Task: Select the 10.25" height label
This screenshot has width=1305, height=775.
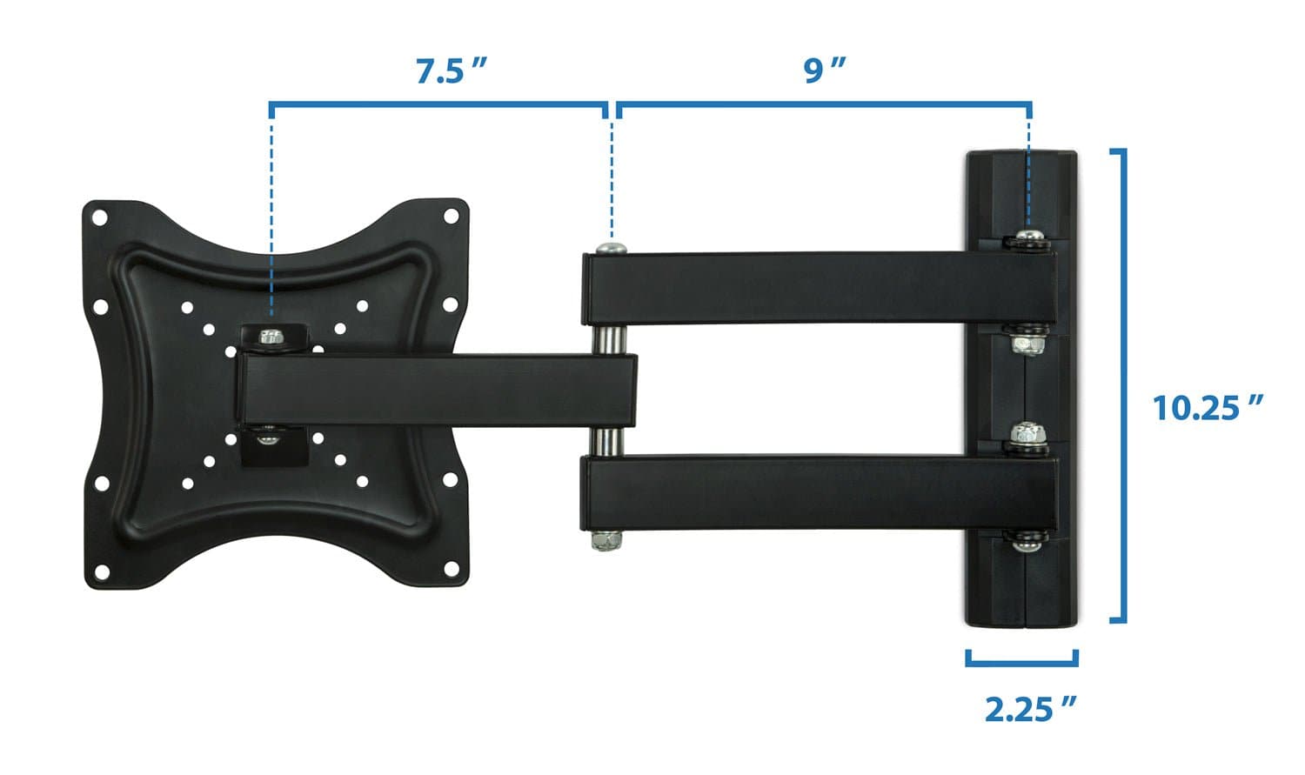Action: click(x=1208, y=407)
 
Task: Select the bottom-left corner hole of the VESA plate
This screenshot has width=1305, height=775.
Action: click(x=102, y=571)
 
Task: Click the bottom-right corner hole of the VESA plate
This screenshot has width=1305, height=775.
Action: click(x=451, y=569)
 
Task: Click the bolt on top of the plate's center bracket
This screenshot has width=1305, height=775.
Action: click(x=272, y=336)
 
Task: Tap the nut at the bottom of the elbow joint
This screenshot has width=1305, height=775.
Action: click(x=606, y=541)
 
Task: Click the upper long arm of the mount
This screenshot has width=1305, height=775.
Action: click(x=818, y=288)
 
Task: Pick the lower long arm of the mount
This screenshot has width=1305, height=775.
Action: click(x=818, y=493)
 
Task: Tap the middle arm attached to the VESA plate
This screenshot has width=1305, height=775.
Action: click(x=435, y=389)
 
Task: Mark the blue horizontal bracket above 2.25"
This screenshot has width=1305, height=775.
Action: click(x=1022, y=663)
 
